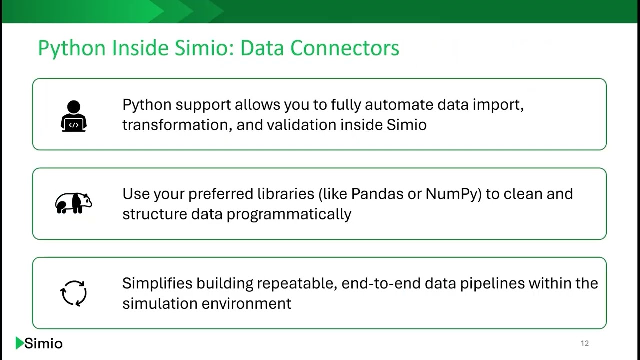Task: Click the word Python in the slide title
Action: pos(72,49)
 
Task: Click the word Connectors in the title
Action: pos(345,48)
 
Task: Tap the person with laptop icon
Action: pos(74,116)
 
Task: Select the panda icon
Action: pos(73,203)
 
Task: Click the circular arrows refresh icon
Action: pos(74,293)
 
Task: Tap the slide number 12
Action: pos(585,343)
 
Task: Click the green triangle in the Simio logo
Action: pos(19,343)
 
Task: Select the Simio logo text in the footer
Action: pos(43,344)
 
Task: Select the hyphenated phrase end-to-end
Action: pos(382,283)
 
